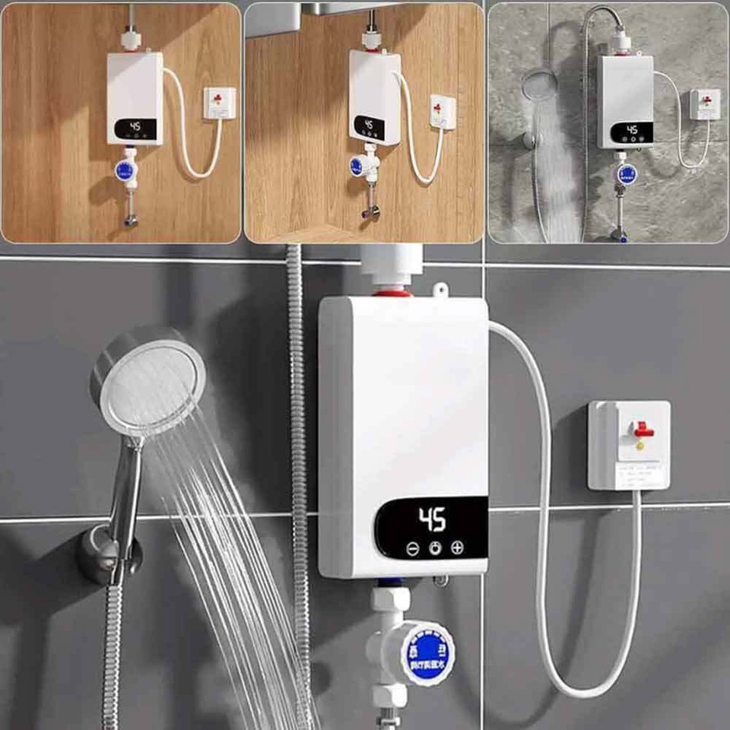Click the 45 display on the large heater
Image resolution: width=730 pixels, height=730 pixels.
point(433,520)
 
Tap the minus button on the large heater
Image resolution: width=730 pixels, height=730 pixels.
point(412,547)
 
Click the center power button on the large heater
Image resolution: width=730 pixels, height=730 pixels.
point(434,547)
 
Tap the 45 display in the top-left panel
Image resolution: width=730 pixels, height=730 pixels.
point(135,127)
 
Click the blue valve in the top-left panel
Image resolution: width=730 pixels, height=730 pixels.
point(123,171)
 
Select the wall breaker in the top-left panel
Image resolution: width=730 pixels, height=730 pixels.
point(219,103)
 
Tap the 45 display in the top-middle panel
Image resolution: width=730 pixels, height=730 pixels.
point(368,124)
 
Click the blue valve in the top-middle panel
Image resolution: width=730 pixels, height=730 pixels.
point(357,166)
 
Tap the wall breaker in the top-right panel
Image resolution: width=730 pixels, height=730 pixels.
point(705,103)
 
